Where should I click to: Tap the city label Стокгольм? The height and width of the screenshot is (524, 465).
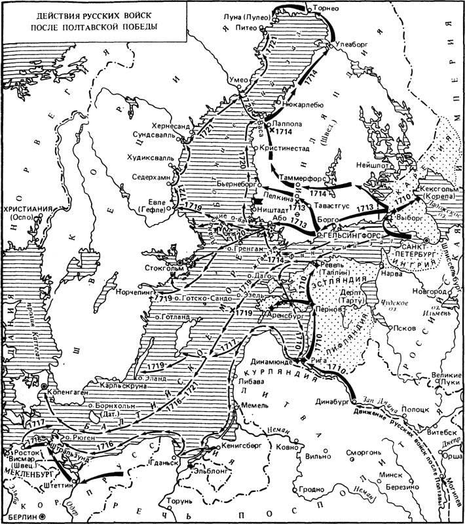click(155, 269)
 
